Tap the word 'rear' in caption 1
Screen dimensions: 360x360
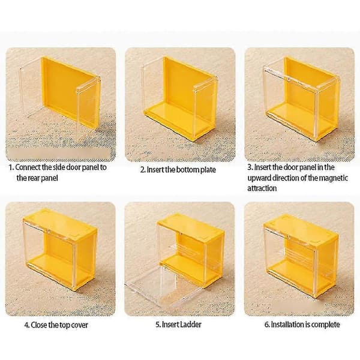34,178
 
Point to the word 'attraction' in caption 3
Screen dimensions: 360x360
262,188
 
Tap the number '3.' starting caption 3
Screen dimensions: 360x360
250,167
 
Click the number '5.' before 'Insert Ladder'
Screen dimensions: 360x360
158,325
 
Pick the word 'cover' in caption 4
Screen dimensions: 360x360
79,325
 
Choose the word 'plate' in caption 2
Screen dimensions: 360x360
208,170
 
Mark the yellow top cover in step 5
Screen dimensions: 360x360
191,227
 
